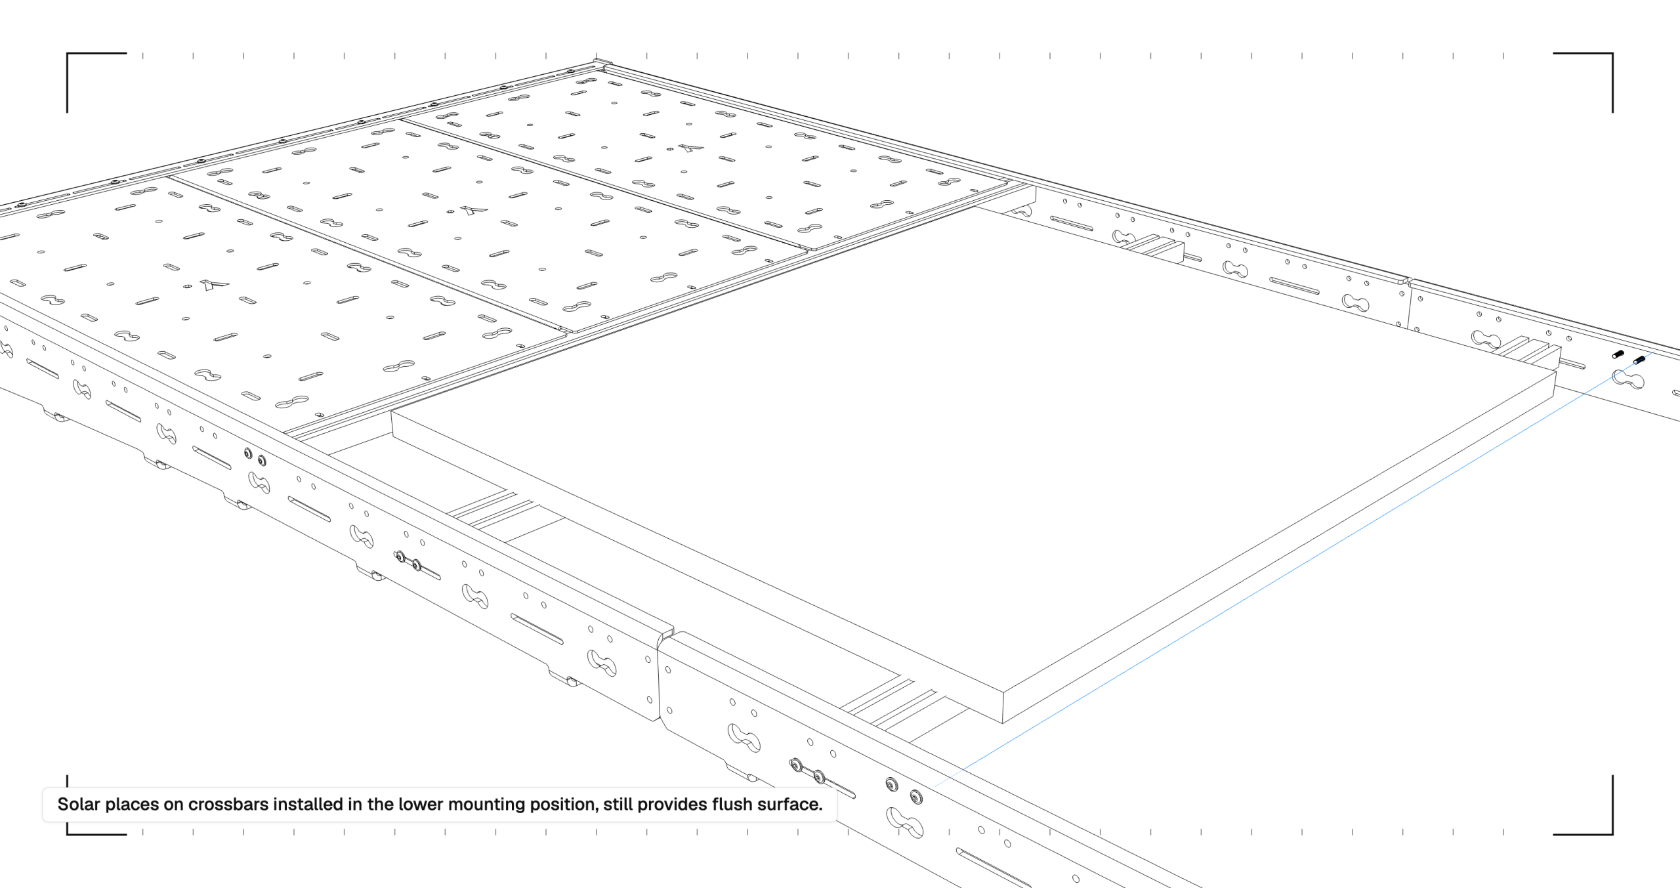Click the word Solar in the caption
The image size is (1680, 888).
click(x=78, y=804)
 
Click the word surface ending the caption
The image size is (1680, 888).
click(x=789, y=804)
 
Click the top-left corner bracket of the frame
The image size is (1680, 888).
click(x=68, y=54)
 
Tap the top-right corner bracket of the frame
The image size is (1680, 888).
click(x=1611, y=54)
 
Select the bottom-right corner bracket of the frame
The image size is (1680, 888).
click(x=1611, y=833)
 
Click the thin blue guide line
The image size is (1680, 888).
click(x=1293, y=568)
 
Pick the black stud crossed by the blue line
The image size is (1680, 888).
click(x=1639, y=360)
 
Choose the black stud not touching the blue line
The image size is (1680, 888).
click(x=1618, y=354)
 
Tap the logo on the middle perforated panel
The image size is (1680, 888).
click(x=473, y=210)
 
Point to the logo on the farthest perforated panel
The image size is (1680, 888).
click(x=690, y=148)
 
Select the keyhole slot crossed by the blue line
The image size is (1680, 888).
click(x=1628, y=379)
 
